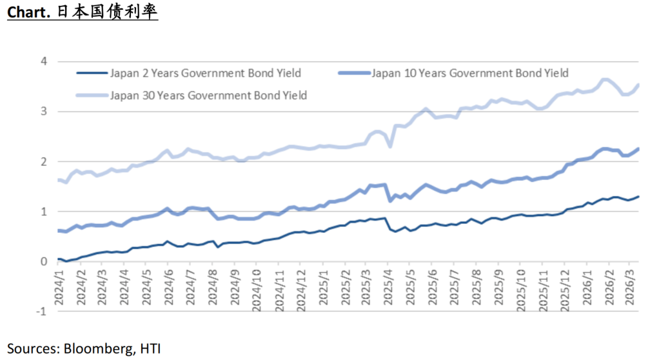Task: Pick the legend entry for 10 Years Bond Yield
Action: click(469, 73)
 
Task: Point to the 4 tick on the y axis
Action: click(44, 62)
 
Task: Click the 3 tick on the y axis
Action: click(44, 112)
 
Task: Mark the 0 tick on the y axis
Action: click(44, 261)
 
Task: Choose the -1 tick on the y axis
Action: click(42, 311)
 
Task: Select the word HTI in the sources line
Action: click(149, 348)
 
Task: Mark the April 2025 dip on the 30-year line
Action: click(390, 146)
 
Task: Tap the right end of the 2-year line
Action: click(639, 196)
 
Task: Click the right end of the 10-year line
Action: click(639, 148)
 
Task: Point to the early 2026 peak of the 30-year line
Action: click(605, 80)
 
